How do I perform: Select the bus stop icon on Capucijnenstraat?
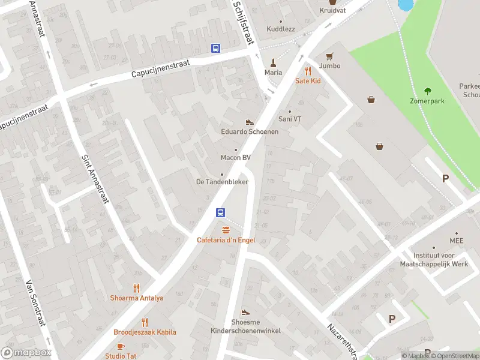(x=215, y=48)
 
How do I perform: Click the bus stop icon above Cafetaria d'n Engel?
(x=221, y=212)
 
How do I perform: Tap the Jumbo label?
(x=329, y=65)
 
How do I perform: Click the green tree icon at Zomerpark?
(x=428, y=91)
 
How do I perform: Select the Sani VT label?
(x=290, y=119)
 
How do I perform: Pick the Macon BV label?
(x=235, y=158)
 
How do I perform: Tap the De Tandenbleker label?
(x=222, y=182)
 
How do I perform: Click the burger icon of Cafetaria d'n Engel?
(x=226, y=230)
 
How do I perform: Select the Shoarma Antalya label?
(x=136, y=298)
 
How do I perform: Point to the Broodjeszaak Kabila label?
(x=145, y=332)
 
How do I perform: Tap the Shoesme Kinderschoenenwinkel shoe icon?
(x=245, y=312)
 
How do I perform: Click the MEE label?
(x=456, y=241)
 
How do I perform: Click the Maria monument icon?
(x=273, y=62)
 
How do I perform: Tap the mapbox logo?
(x=26, y=353)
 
